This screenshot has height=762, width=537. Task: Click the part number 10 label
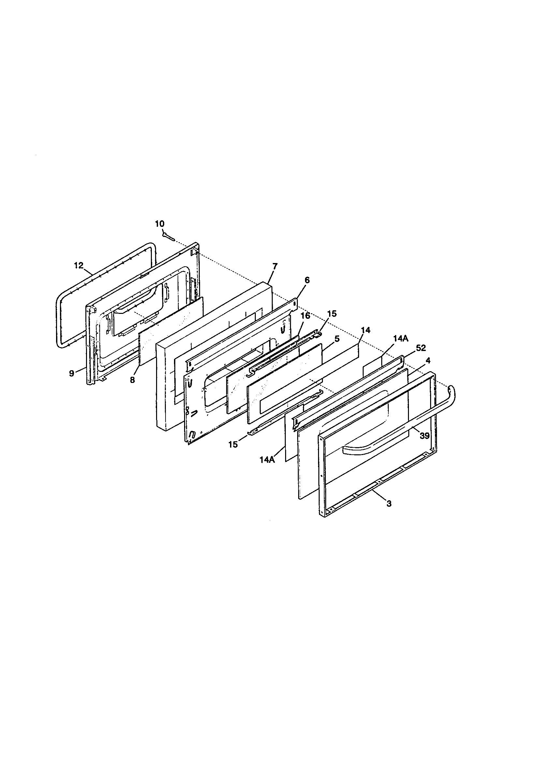160,224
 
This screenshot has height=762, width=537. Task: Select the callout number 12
79,266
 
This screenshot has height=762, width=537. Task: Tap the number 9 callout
71,374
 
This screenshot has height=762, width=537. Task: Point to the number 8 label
132,380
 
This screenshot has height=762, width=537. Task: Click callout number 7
275,266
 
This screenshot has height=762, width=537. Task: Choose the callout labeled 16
305,315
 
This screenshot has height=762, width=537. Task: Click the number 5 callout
337,339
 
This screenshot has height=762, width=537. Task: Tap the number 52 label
421,348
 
